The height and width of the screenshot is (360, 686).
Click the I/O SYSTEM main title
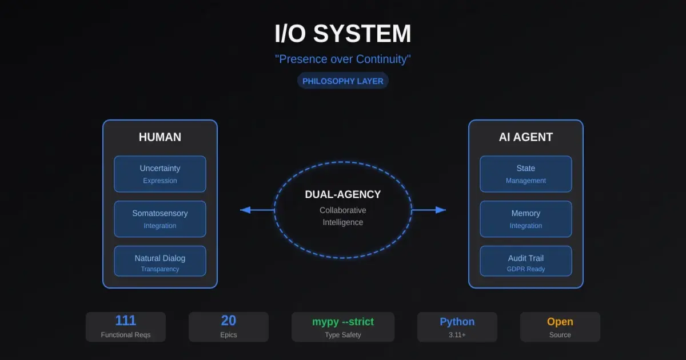[343, 34]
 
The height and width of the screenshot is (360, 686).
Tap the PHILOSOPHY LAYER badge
[343, 81]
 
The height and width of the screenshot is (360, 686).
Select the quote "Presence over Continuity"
[343, 59]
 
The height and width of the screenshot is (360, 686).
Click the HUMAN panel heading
[160, 137]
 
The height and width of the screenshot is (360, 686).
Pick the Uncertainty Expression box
[160, 174]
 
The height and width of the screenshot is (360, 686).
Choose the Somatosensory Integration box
[160, 219]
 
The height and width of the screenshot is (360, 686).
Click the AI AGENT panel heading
[526, 137]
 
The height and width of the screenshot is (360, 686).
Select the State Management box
[526, 174]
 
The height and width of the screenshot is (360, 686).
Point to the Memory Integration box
[526, 219]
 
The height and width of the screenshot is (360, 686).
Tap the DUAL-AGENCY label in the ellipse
[343, 194]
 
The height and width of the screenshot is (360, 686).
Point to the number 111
[126, 321]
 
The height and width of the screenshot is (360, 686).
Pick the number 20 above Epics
[229, 321]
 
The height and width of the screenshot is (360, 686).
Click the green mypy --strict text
[343, 321]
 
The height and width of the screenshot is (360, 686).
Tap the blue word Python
[457, 321]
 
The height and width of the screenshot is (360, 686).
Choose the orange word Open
[560, 321]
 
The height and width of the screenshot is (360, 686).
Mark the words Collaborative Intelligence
[343, 216]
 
